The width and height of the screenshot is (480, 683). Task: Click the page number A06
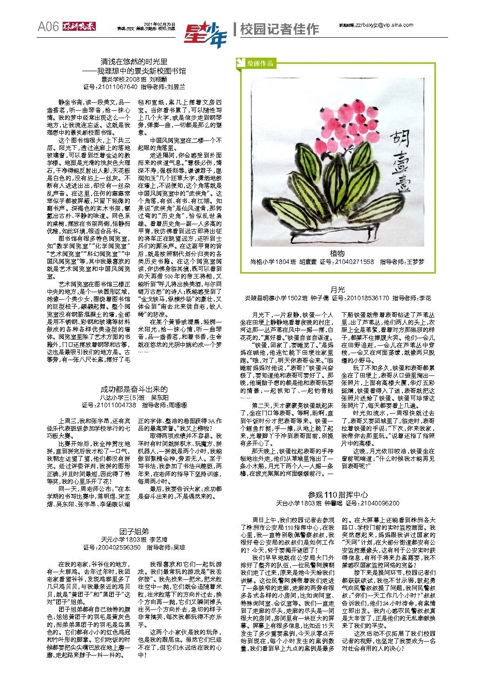[48, 27]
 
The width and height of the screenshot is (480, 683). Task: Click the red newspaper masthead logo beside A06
[79, 27]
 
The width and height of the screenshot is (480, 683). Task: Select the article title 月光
[337, 289]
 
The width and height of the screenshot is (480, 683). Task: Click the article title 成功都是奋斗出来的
[134, 389]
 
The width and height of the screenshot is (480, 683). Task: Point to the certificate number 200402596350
[118, 547]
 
